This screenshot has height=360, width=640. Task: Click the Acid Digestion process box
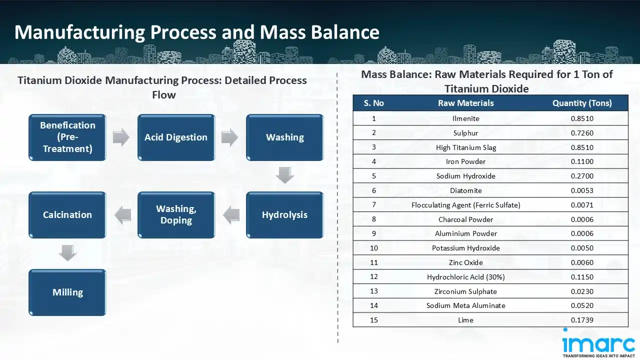click(x=176, y=137)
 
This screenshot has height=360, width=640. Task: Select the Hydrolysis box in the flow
click(x=284, y=215)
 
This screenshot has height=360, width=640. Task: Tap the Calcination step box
click(x=67, y=215)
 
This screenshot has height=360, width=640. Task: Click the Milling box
click(x=67, y=292)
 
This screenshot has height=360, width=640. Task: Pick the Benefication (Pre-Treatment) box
click(x=67, y=137)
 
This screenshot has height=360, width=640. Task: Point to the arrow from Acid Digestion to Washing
click(x=229, y=137)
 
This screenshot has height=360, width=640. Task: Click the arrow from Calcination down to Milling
click(x=67, y=253)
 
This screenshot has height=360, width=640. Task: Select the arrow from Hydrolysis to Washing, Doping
click(x=231, y=215)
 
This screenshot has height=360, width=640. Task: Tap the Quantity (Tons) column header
click(x=582, y=103)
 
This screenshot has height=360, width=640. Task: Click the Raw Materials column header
click(x=465, y=103)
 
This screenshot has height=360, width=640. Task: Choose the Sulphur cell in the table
click(x=465, y=133)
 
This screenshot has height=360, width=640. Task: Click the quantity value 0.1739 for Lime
click(x=582, y=320)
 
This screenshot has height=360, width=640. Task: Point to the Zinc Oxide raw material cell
click(x=465, y=262)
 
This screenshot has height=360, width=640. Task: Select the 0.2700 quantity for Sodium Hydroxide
click(x=582, y=176)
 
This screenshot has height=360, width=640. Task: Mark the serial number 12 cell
click(x=374, y=276)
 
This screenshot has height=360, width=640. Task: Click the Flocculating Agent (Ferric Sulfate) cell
click(x=465, y=205)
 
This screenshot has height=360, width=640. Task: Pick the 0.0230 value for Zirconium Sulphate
click(x=582, y=291)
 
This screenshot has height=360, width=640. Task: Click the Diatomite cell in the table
click(x=465, y=190)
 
